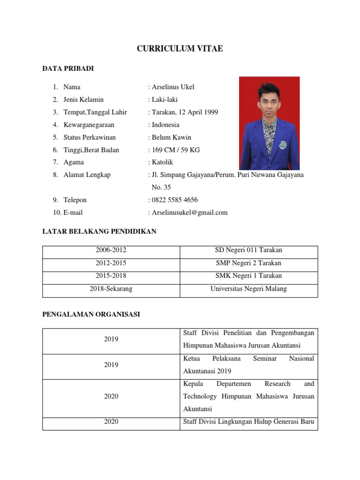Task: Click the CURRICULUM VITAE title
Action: pyautogui.click(x=180, y=49)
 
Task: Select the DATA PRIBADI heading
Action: pyautogui.click(x=68, y=69)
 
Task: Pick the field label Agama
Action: pyautogui.click(x=74, y=162)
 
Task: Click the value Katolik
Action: pyautogui.click(x=162, y=162)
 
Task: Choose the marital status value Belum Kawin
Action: pyautogui.click(x=171, y=137)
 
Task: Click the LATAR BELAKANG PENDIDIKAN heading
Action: pyautogui.click(x=99, y=232)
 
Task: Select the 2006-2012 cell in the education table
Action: pyautogui.click(x=111, y=250)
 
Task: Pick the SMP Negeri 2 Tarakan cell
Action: pyautogui.click(x=248, y=263)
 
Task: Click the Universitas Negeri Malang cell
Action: pyautogui.click(x=248, y=289)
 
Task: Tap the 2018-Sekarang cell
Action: pyautogui.click(x=111, y=289)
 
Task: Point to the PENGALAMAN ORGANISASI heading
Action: pyautogui.click(x=91, y=315)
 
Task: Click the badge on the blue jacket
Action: pyautogui.click(x=282, y=145)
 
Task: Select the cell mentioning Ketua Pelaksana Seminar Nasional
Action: pyautogui.click(x=248, y=364)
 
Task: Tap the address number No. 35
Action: pyautogui.click(x=161, y=187)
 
